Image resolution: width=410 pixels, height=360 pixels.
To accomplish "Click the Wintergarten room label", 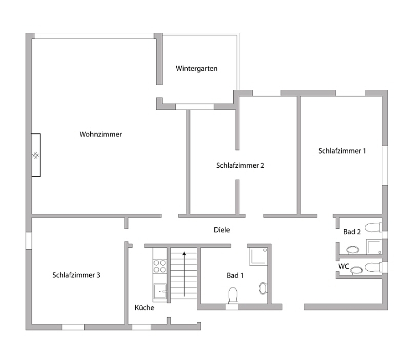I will click(196, 69).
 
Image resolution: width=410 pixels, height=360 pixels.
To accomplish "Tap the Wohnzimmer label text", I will click(100, 134).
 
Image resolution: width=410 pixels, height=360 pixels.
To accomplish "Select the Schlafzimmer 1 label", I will click(342, 150).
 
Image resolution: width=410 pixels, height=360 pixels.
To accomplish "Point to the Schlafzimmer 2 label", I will click(240, 165).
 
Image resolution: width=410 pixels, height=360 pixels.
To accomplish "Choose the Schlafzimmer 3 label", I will click(76, 275).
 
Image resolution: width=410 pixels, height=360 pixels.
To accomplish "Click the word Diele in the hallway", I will click(222, 230).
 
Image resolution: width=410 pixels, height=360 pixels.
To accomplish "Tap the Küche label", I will click(144, 308).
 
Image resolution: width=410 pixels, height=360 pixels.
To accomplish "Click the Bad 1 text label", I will click(236, 275).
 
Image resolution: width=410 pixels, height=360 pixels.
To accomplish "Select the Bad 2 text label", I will click(352, 232).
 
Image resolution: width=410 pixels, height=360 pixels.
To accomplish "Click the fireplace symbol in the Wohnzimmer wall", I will click(36, 155).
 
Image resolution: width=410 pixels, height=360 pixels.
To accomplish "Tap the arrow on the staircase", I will click(184, 273).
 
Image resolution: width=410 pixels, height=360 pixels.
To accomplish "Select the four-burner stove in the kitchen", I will click(160, 266).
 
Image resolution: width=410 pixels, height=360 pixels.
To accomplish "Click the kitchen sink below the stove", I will click(160, 291).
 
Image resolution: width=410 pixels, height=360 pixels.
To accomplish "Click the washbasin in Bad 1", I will click(263, 288).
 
